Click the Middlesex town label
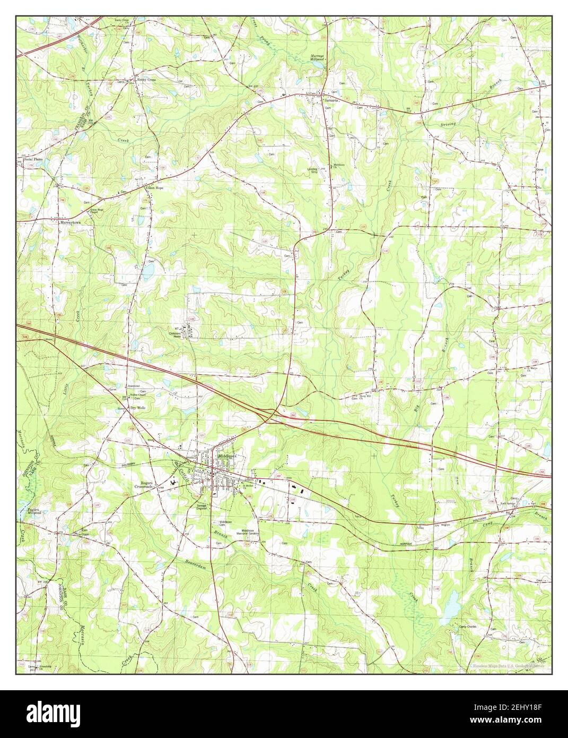click(229, 455)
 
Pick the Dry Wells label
click(138, 408)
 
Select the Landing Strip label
click(316, 171)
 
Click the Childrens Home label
click(177, 335)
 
